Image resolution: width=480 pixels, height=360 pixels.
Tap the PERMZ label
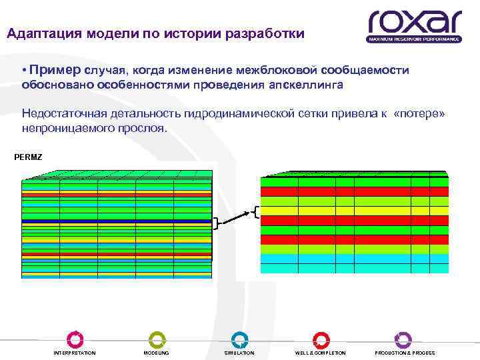click(x=28, y=157)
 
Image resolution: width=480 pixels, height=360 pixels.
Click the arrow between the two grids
click(x=235, y=217)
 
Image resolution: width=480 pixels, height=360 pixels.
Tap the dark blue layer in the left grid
click(x=117, y=220)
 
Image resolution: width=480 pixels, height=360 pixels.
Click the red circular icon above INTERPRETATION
click(x=75, y=339)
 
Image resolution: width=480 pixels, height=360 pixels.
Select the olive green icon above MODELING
click(x=157, y=339)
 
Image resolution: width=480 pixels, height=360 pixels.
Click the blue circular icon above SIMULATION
click(x=239, y=339)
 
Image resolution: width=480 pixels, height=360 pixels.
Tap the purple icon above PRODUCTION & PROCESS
click(x=403, y=339)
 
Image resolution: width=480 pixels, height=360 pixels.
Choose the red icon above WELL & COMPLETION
click(x=321, y=339)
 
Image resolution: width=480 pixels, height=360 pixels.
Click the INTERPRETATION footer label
click(x=75, y=353)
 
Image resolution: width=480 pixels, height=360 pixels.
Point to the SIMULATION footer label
click(x=239, y=353)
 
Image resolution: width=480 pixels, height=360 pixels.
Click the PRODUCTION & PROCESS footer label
click(x=405, y=353)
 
